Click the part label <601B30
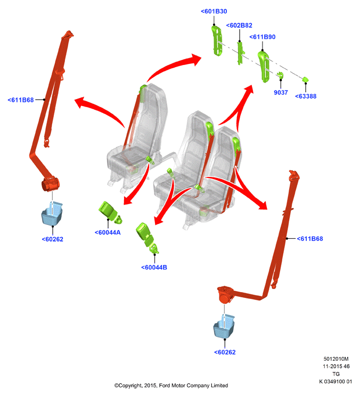[214, 11]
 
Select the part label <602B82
[239, 25]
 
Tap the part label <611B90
[263, 37]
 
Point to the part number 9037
[281, 92]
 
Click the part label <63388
[306, 96]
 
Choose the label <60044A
[108, 232]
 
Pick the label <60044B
[154, 267]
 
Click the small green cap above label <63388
[306, 79]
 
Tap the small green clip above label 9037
[280, 75]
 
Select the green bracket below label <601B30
[217, 41]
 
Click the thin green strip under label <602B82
[240, 53]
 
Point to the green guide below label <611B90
[264, 67]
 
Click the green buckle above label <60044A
[110, 212]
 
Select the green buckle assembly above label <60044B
[147, 238]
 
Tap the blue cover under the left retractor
[52, 214]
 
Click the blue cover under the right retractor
[224, 326]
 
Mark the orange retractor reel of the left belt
[50, 184]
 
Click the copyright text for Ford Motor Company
[171, 385]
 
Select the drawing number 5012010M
[336, 359]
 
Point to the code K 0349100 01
[336, 382]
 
